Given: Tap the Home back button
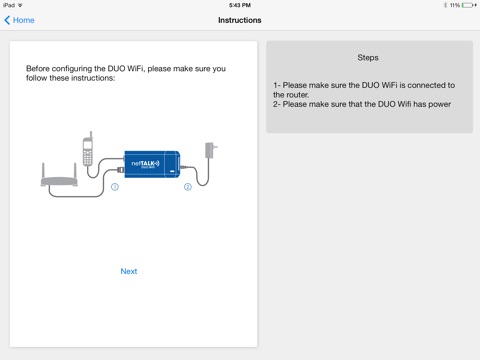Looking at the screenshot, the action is pyautogui.click(x=19, y=20).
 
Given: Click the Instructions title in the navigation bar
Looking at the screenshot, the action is pyautogui.click(x=240, y=20).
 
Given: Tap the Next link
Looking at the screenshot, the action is pyautogui.click(x=129, y=271).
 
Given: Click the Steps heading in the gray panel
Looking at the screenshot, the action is pyautogui.click(x=368, y=58).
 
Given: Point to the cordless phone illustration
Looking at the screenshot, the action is pyautogui.click(x=88, y=149).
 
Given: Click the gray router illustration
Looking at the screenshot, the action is pyautogui.click(x=59, y=175).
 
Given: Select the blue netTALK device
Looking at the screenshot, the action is pyautogui.click(x=152, y=164).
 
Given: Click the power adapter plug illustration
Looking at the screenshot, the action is pyautogui.click(x=210, y=150).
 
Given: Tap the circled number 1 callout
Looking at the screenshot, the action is pyautogui.click(x=115, y=187).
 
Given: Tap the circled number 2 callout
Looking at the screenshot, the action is pyautogui.click(x=188, y=187).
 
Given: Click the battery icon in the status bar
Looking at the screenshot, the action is pyautogui.click(x=469, y=5).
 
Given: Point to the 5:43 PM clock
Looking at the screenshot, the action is pyautogui.click(x=240, y=5).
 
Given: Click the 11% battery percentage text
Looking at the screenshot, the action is pyautogui.click(x=455, y=5).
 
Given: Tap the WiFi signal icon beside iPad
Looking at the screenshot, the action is pyautogui.click(x=20, y=5).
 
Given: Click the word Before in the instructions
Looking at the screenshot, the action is pyautogui.click(x=38, y=69).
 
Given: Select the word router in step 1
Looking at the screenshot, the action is pyautogui.click(x=298, y=95).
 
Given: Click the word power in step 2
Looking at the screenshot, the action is pyautogui.click(x=440, y=105).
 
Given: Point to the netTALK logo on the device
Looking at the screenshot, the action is pyautogui.click(x=145, y=163).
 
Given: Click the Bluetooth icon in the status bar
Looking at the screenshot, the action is pyautogui.click(x=445, y=5).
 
